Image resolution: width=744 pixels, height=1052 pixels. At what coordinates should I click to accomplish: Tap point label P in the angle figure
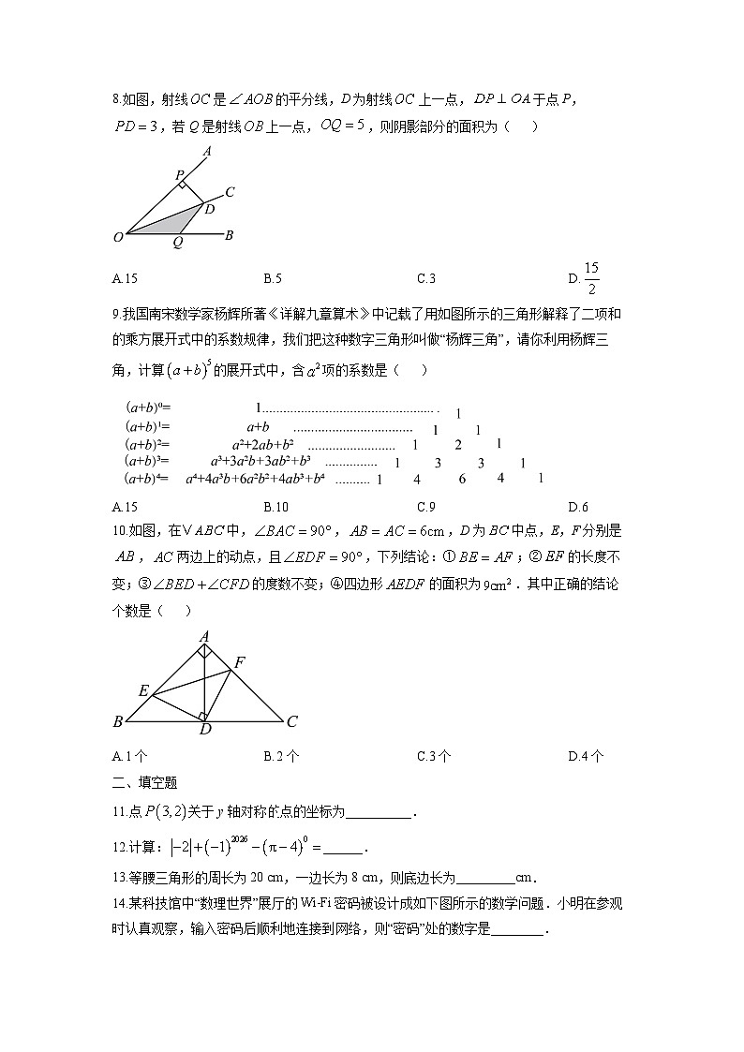click(x=179, y=174)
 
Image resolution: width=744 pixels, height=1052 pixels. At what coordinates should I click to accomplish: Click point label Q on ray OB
click(x=178, y=243)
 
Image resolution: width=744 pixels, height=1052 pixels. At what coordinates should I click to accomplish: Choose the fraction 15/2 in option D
click(x=591, y=277)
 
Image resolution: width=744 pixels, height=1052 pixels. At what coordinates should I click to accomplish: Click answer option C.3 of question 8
click(x=426, y=277)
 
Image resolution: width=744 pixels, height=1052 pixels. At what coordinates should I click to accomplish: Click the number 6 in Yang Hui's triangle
click(x=462, y=479)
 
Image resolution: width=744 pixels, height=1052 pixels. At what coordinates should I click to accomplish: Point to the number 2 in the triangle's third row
click(x=458, y=445)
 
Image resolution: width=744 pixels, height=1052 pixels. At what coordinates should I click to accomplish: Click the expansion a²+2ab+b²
click(x=263, y=444)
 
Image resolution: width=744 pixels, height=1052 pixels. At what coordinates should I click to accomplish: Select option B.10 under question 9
click(x=275, y=507)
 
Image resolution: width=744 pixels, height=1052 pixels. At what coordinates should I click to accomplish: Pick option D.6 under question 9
click(x=578, y=507)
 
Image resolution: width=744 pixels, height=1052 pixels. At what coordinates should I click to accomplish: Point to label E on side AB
click(x=143, y=690)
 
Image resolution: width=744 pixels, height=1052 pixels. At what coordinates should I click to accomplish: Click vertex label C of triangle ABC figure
click(x=291, y=721)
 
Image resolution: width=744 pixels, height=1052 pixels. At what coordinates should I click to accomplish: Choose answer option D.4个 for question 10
click(x=586, y=756)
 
